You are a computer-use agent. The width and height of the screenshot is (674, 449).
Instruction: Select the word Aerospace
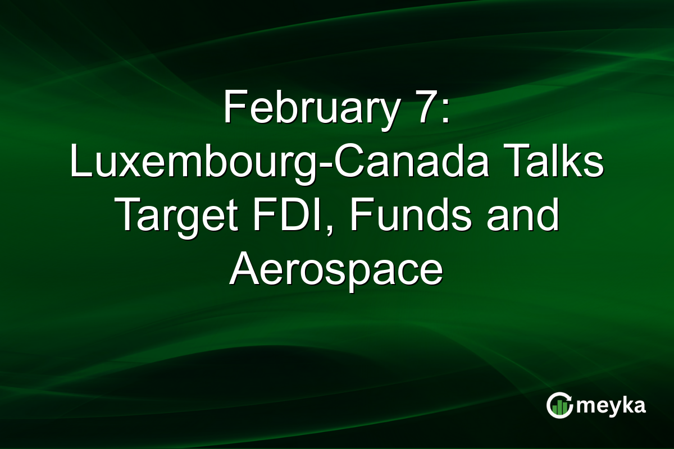336,270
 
